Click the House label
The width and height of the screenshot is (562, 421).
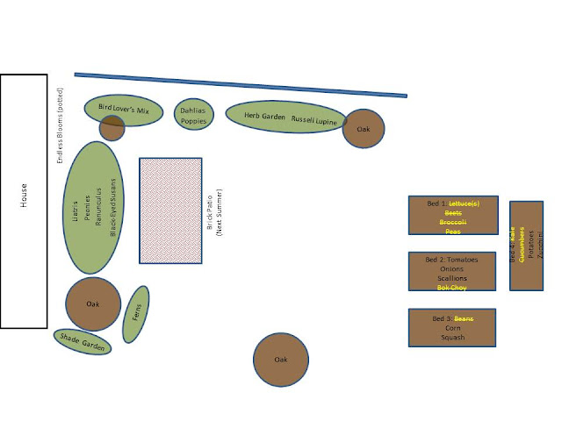[24, 201]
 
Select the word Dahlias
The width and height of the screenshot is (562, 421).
[193, 111]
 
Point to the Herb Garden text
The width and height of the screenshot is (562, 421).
[264, 116]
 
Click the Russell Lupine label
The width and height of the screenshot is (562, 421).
[313, 118]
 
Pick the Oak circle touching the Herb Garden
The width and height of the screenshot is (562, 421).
[363, 129]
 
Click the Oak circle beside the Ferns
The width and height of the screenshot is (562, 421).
[93, 304]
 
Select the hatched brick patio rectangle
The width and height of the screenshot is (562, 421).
[170, 210]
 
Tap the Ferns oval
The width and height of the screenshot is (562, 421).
[136, 314]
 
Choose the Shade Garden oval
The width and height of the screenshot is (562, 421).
[83, 342]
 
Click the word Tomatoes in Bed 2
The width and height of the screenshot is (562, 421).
[462, 260]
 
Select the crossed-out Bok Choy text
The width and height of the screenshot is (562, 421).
[452, 288]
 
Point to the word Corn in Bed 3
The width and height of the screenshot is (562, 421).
[452, 327]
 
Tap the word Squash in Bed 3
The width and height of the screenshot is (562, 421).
[452, 337]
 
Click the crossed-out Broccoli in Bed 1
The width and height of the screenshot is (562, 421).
[452, 223]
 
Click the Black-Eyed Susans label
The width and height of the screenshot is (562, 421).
[112, 207]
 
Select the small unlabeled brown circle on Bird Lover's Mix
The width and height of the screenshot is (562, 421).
[112, 128]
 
